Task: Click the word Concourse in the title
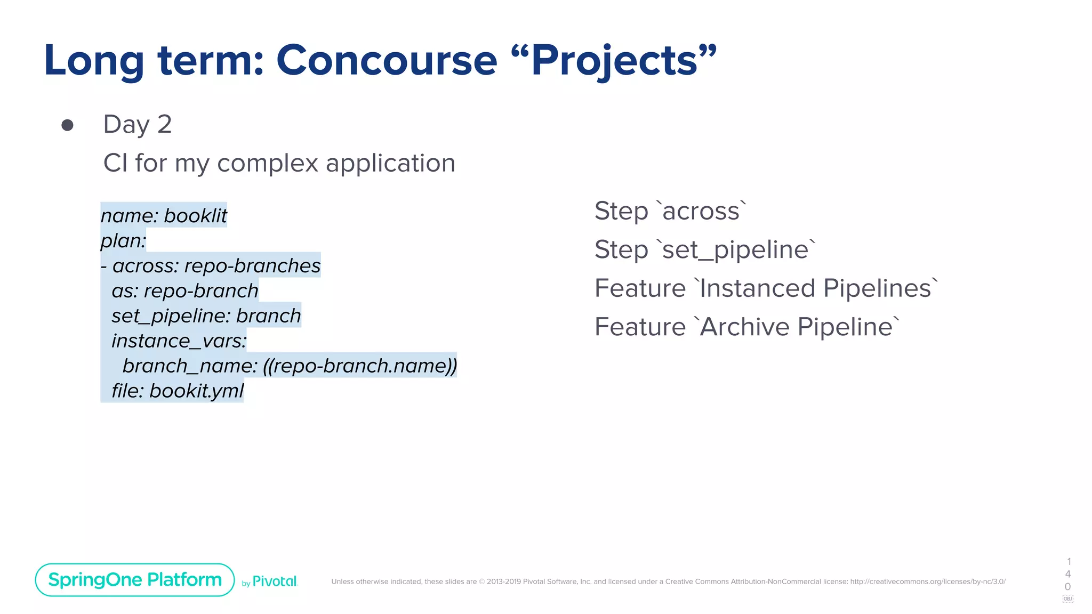(387, 60)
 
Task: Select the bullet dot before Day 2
(67, 125)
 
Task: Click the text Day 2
(137, 125)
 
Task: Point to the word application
(390, 163)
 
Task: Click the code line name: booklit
(164, 215)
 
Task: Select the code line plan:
(123, 240)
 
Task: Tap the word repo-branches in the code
(252, 265)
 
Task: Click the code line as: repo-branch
(184, 290)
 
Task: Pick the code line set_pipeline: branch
(206, 316)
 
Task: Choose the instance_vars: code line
(179, 341)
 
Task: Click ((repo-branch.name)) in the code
(360, 366)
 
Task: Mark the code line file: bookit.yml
(177, 391)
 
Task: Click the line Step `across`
(670, 211)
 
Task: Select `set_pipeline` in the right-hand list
(738, 250)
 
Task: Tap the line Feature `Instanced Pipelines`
(766, 288)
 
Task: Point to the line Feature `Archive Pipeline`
(746, 327)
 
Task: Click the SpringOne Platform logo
(135, 580)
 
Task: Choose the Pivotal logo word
(275, 581)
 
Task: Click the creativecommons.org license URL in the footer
(927, 581)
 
